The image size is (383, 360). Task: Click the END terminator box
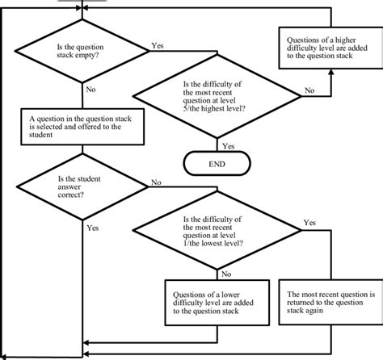coord(217,163)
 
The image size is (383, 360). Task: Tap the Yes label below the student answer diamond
coord(92,229)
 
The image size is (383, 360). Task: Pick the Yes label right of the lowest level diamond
coord(309,222)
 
